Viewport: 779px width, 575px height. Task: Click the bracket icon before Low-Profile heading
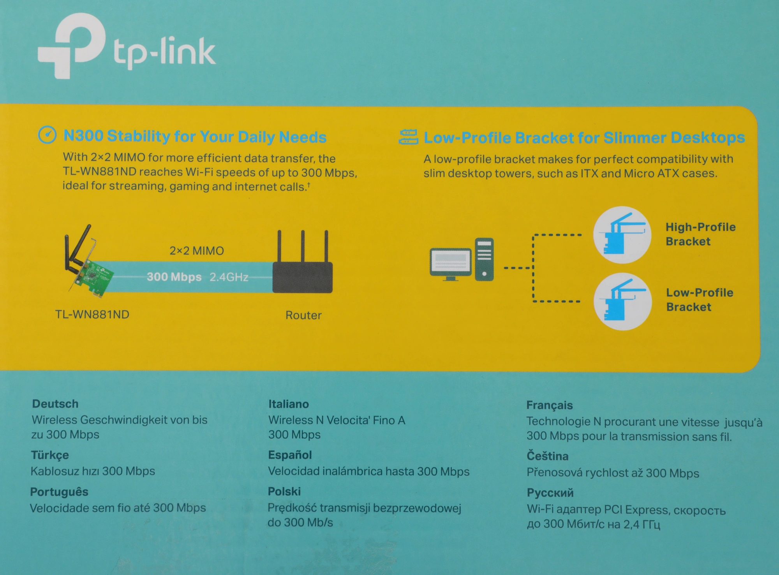coord(408,137)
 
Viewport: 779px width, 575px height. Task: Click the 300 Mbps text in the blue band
coord(174,277)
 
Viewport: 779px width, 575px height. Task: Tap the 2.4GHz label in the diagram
coord(229,277)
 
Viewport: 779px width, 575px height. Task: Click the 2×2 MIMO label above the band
coord(197,251)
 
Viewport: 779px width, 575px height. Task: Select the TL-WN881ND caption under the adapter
coord(92,315)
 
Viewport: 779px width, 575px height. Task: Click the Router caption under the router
coord(303,315)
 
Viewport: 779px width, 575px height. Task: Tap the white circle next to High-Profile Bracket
coord(622,235)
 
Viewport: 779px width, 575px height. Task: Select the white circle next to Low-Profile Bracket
coord(622,301)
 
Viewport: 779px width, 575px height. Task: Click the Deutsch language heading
coord(55,404)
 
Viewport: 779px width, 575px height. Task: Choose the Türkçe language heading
coord(49,455)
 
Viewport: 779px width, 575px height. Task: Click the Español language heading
coord(290,455)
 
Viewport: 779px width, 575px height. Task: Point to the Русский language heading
coord(550,492)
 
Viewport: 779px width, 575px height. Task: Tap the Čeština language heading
coord(547,456)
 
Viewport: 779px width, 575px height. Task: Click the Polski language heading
coord(284,491)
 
